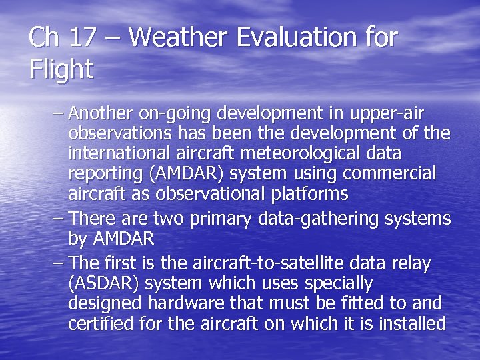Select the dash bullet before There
point(58,219)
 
